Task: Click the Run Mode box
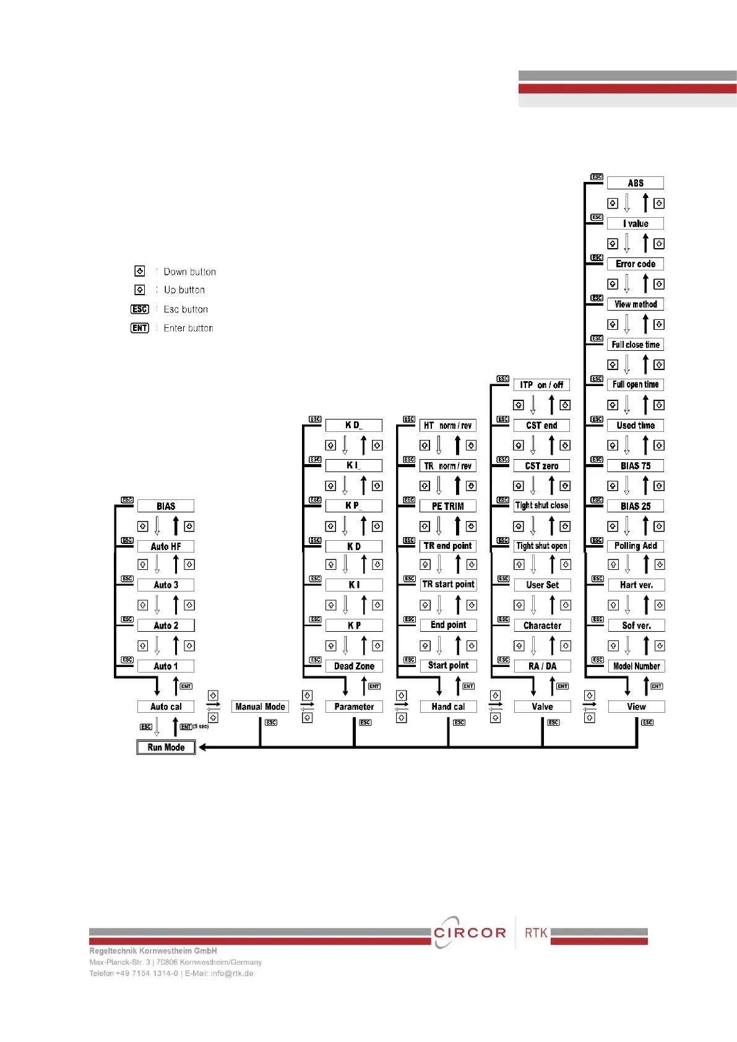(166, 747)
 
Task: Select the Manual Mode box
(260, 707)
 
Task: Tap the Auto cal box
(166, 707)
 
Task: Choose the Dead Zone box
(354, 666)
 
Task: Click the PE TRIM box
(448, 506)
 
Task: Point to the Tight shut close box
(542, 506)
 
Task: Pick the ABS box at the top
(636, 183)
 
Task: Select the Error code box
(636, 264)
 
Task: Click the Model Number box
(636, 666)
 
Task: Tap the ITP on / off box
(541, 385)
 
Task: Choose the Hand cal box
(448, 707)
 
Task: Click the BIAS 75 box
(636, 466)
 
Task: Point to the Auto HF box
(166, 546)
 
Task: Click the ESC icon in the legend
(140, 309)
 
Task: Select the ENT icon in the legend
(140, 328)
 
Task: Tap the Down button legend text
(189, 272)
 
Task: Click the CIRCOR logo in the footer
(470, 932)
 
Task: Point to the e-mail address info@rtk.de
(232, 973)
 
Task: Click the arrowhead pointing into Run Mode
(203, 747)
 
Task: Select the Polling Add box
(636, 546)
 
